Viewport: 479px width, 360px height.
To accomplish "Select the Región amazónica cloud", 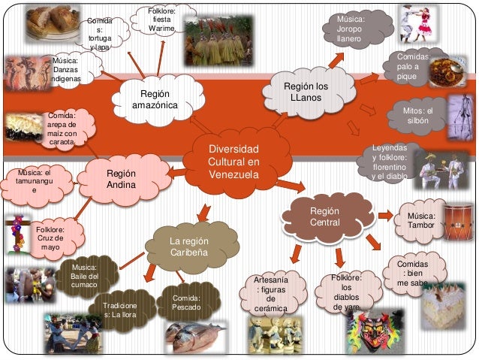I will [155, 100].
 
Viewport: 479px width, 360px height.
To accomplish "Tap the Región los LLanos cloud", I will [306, 94].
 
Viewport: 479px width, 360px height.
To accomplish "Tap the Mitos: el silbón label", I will [419, 116].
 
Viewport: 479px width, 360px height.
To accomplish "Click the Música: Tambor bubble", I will [421, 220].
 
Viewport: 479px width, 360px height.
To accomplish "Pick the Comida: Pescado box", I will [185, 304].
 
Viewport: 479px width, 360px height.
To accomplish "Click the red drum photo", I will [457, 219].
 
